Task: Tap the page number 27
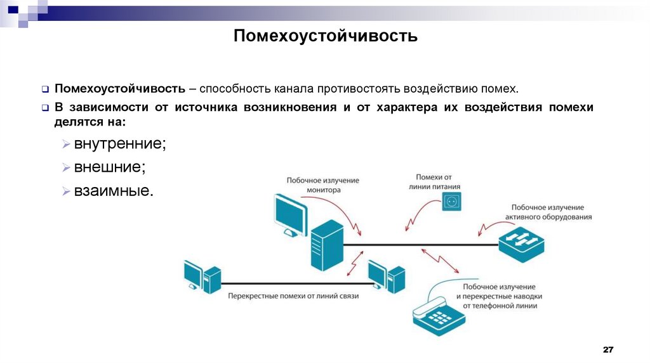(x=608, y=351)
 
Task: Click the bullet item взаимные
(x=114, y=190)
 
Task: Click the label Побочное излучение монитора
(x=322, y=185)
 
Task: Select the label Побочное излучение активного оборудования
(x=548, y=212)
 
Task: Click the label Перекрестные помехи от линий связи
(x=293, y=297)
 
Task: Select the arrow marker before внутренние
(x=67, y=145)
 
